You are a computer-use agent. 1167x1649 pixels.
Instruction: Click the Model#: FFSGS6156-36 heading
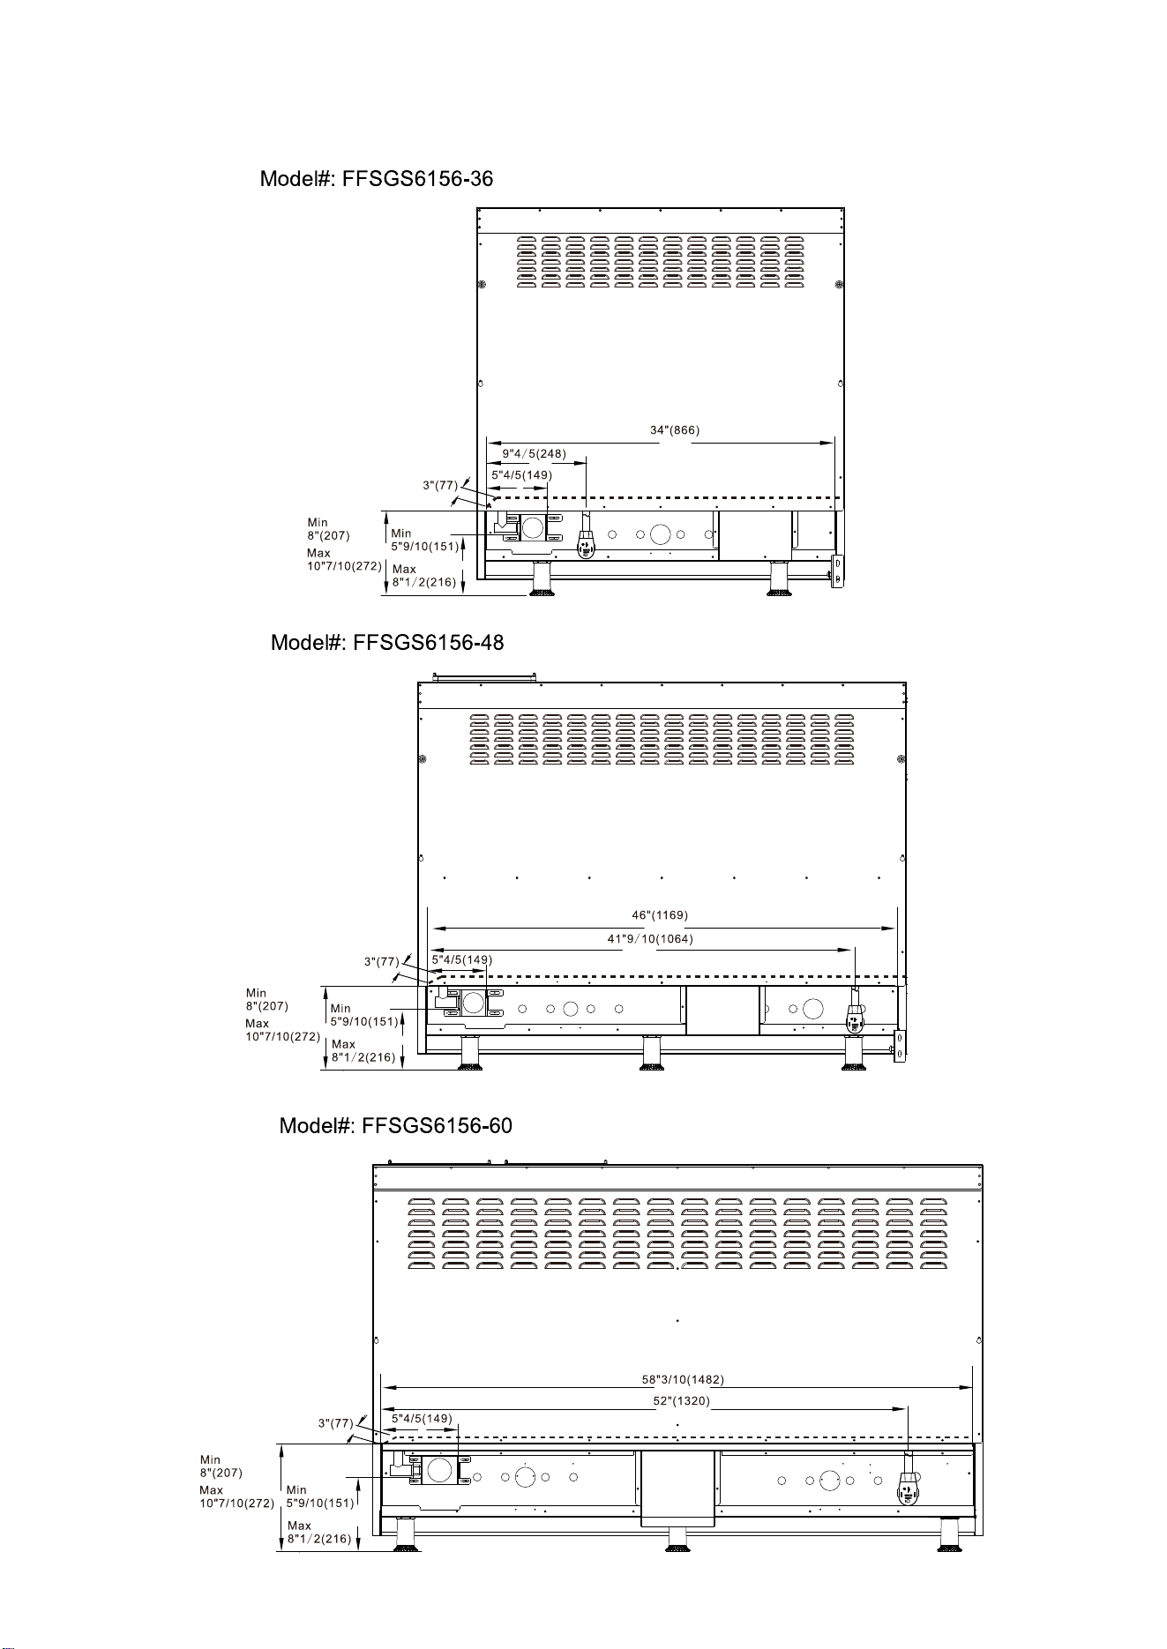click(377, 179)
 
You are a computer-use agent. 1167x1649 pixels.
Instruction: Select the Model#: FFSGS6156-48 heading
click(387, 643)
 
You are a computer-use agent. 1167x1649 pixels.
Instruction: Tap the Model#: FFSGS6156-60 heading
click(396, 1126)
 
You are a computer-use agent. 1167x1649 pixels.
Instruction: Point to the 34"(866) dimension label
click(675, 430)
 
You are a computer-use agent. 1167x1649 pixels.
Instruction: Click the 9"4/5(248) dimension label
click(534, 454)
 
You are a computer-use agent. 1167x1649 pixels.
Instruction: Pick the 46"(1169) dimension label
click(660, 914)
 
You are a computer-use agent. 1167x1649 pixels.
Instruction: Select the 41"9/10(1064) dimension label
click(650, 939)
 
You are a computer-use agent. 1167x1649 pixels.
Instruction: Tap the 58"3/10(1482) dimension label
click(683, 1379)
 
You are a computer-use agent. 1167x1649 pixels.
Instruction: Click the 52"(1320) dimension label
click(682, 1400)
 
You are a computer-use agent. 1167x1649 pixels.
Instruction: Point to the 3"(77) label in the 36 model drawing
click(440, 485)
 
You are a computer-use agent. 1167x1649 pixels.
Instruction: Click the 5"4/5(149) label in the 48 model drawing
click(461, 959)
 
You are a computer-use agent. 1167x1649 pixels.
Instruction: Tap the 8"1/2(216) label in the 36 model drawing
click(424, 582)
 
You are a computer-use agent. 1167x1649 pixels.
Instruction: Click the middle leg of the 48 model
click(653, 1053)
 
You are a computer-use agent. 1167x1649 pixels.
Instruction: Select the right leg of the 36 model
click(779, 578)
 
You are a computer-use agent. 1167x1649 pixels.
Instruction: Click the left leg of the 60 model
click(406, 1533)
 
